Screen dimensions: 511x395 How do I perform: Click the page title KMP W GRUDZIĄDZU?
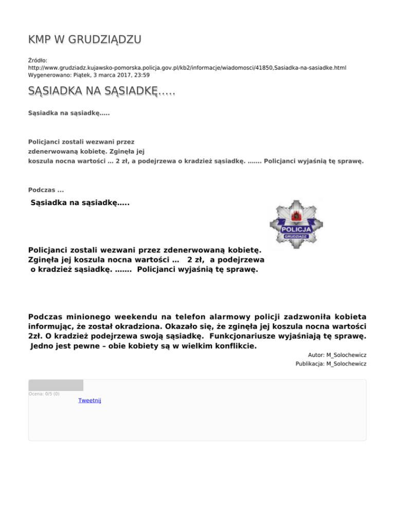(x=85, y=40)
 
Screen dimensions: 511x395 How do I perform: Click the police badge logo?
(x=297, y=224)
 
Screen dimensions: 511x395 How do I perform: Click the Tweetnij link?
(x=89, y=400)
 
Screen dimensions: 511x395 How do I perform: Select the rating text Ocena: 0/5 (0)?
(x=44, y=394)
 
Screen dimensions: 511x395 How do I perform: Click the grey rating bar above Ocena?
(x=56, y=385)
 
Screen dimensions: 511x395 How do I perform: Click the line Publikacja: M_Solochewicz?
(x=331, y=364)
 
